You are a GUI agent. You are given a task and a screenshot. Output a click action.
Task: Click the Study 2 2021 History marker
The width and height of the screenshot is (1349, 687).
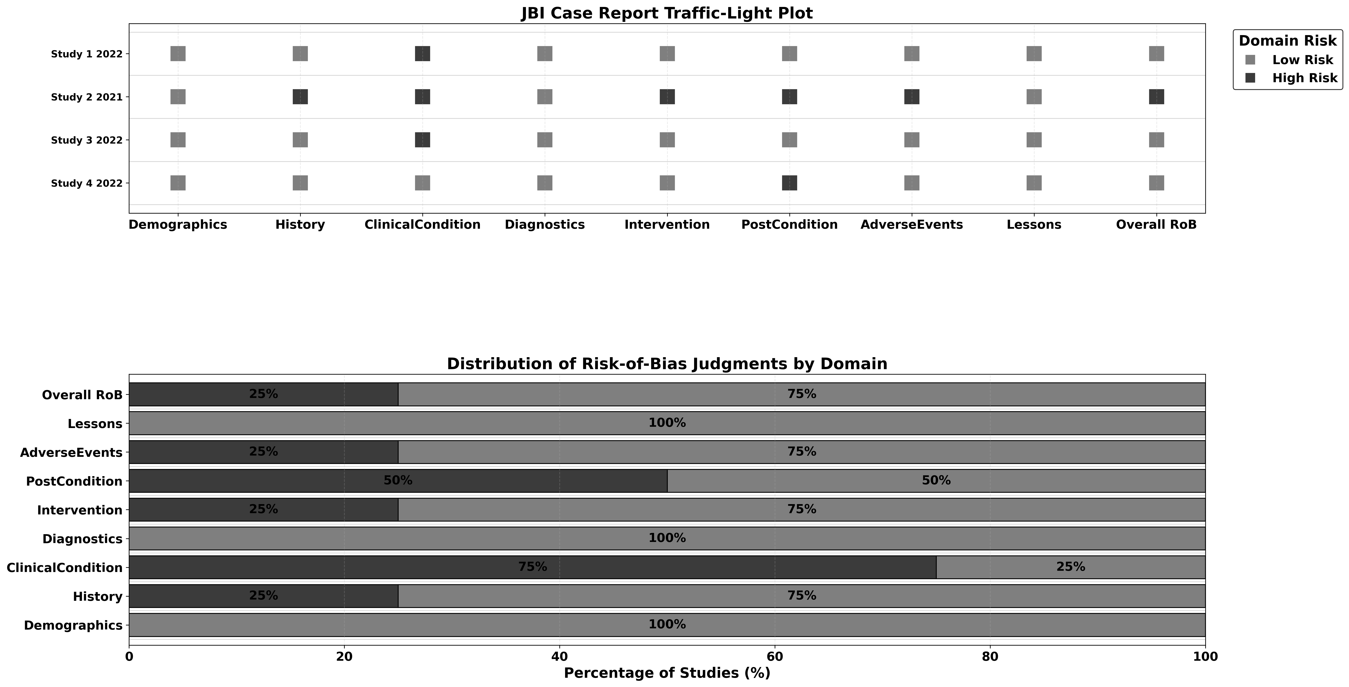[300, 97]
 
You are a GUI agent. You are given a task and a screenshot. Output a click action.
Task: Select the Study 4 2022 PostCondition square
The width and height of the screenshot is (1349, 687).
[789, 183]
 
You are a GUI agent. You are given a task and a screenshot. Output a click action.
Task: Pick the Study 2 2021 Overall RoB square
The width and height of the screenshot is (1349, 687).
[1156, 97]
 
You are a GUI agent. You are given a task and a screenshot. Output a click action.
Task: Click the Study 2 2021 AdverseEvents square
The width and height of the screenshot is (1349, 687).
[912, 97]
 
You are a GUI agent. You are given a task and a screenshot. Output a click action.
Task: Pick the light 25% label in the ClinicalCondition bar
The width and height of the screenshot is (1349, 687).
[1070, 567]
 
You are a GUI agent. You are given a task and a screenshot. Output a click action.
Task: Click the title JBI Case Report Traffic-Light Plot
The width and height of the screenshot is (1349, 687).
[667, 13]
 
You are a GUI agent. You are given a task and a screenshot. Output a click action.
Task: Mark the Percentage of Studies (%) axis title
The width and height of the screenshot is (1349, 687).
[667, 673]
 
